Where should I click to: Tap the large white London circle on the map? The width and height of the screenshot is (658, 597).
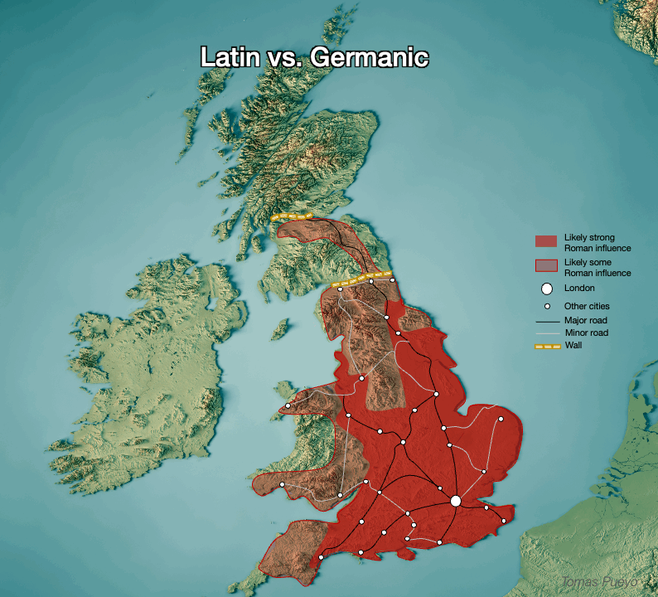point(455,501)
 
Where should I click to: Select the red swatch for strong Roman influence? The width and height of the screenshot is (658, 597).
point(546,241)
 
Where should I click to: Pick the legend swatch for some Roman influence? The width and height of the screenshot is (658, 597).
point(546,265)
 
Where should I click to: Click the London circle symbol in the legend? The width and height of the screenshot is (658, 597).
point(546,289)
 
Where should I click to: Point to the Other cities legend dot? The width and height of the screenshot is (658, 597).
point(547,306)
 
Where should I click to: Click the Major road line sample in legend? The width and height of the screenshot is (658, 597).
point(547,320)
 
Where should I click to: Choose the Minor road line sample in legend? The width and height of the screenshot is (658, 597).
point(547,332)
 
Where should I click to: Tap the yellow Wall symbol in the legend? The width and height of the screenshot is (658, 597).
point(547,345)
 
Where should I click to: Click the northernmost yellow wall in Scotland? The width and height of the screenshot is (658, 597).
point(292,217)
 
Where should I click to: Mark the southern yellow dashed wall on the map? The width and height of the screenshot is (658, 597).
point(361,279)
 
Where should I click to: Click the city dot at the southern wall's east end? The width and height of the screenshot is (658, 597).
point(393,280)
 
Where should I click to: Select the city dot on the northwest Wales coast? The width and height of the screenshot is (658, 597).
point(288,405)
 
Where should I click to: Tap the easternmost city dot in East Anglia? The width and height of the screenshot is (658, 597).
point(501,420)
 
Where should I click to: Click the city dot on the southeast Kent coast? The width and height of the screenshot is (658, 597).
point(503,521)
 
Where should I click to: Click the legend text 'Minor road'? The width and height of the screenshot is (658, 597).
point(586,332)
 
